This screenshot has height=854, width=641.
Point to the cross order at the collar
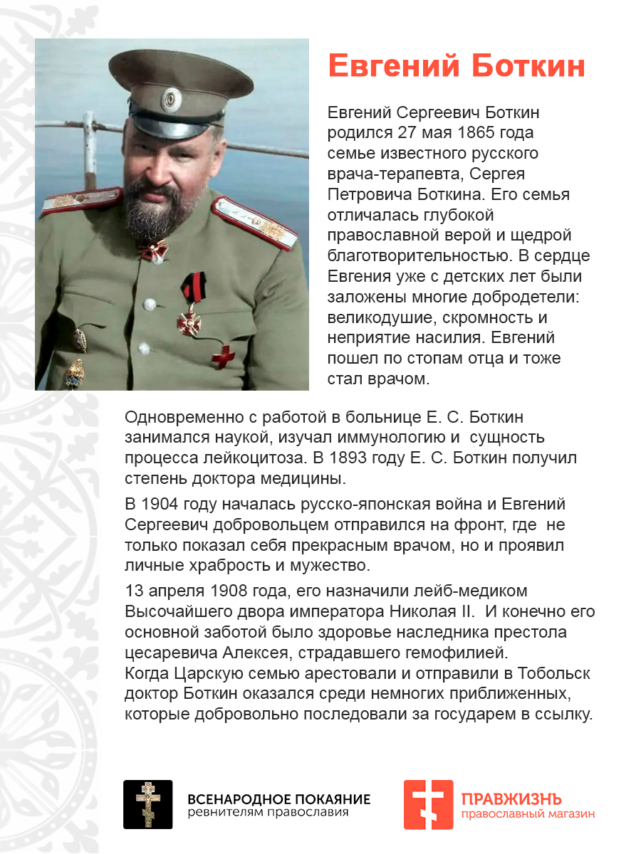(x=152, y=249)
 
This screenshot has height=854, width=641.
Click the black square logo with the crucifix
(x=148, y=804)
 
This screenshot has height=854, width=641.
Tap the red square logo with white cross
(x=428, y=804)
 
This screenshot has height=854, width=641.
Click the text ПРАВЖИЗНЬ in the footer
(x=511, y=798)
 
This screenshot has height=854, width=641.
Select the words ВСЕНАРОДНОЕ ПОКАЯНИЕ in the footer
(x=278, y=798)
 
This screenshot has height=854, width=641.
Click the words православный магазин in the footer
(x=528, y=814)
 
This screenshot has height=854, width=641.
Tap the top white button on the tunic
(x=150, y=304)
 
